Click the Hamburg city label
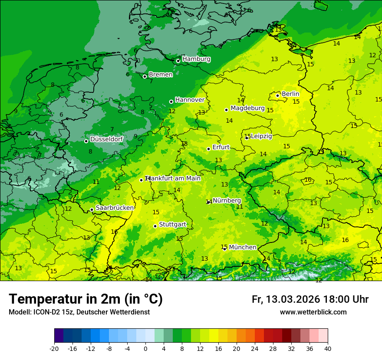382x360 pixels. click(196, 59)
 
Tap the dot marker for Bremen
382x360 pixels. click(145, 76)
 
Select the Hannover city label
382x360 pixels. click(190, 100)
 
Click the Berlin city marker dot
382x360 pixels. click(278, 95)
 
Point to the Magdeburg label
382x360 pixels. click(247, 108)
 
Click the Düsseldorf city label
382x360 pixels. click(106, 139)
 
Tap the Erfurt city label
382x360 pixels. click(221, 147)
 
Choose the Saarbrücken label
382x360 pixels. click(115, 208)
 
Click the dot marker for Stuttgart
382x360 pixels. click(155, 226)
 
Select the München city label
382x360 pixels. click(242, 247)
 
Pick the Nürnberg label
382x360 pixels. click(227, 201)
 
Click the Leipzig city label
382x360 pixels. click(261, 136)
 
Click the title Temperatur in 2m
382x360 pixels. click(86, 299)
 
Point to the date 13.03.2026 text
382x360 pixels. click(293, 299)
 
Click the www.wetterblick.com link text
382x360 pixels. click(313, 312)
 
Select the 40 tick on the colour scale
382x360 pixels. click(328, 348)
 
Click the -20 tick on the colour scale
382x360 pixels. click(54, 348)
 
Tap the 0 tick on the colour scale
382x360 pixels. click(145, 348)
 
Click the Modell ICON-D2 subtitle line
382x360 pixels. click(79, 312)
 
